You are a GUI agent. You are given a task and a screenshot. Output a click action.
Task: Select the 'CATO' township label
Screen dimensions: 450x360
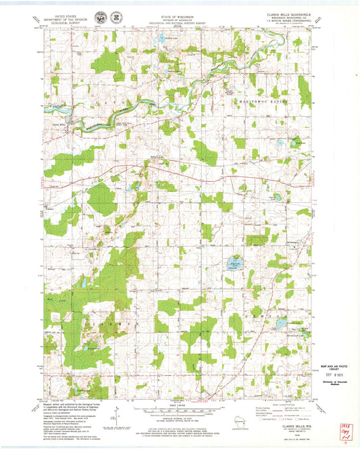pos(122,100)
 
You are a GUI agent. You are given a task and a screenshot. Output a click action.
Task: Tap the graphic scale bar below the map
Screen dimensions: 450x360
pos(180,409)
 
